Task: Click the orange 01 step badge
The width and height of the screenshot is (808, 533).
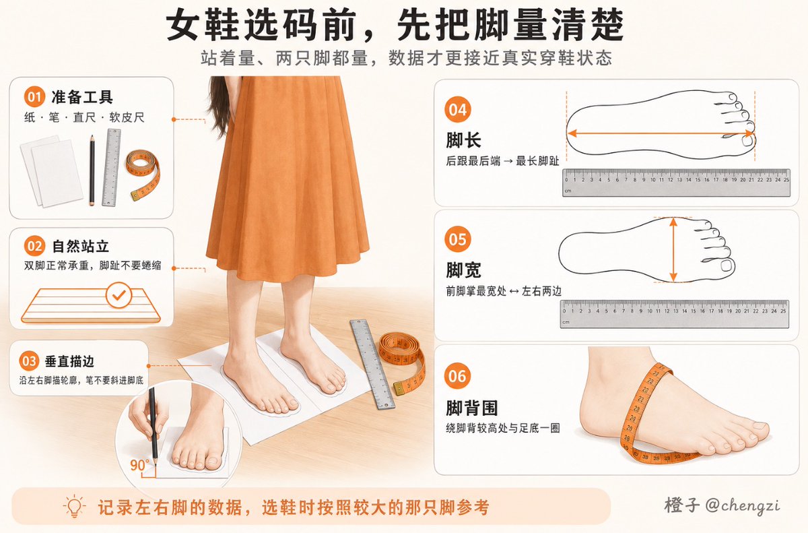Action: (x=34, y=97)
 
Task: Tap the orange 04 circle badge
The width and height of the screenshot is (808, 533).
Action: (x=458, y=110)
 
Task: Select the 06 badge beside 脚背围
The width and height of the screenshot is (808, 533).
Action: (x=457, y=376)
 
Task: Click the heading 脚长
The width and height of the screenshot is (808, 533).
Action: (x=463, y=140)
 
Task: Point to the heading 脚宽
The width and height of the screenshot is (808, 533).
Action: (x=463, y=270)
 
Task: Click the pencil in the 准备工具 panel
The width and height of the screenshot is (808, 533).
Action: (x=92, y=170)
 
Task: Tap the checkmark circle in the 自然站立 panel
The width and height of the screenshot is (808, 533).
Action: (x=119, y=295)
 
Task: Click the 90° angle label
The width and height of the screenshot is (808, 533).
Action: (x=139, y=465)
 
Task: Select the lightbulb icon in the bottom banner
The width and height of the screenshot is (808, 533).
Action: (x=74, y=506)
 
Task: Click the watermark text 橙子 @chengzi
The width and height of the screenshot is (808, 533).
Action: (x=722, y=505)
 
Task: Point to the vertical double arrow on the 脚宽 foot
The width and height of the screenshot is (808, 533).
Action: (x=673, y=250)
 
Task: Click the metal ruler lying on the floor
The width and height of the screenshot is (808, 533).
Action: (x=372, y=364)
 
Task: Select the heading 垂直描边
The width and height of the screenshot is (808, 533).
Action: (x=69, y=361)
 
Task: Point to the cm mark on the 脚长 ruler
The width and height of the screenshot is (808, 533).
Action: (x=568, y=191)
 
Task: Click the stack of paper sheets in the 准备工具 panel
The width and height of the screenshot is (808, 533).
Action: (x=52, y=171)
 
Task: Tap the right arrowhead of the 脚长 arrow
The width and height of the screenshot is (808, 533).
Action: (x=751, y=133)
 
